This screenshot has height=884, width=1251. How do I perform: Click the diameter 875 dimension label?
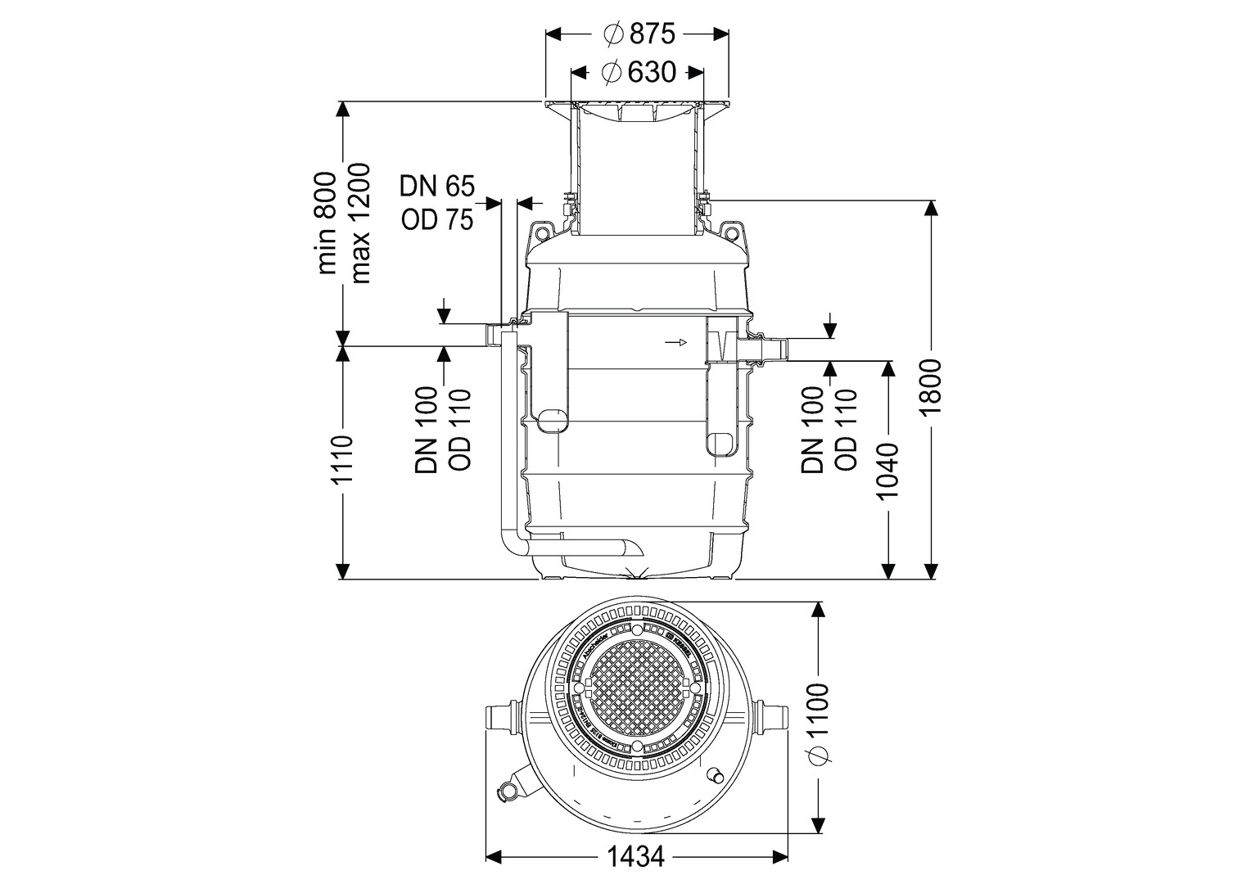[638, 34]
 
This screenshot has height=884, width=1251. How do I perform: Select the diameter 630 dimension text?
[638, 73]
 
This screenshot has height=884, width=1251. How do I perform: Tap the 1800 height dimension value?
[931, 387]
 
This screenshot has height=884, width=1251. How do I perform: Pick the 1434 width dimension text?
[635, 857]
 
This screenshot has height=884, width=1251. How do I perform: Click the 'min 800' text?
[327, 223]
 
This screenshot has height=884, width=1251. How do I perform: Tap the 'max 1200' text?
[359, 223]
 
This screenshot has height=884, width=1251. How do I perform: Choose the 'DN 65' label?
[436, 187]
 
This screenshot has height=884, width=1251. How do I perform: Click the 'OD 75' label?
[436, 219]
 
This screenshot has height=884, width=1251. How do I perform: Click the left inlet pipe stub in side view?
[496, 335]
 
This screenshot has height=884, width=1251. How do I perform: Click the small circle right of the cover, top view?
[715, 773]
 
